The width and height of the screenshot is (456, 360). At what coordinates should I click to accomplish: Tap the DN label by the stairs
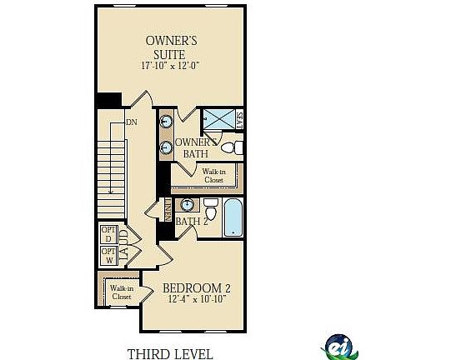131,122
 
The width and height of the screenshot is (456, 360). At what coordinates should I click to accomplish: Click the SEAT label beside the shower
239,122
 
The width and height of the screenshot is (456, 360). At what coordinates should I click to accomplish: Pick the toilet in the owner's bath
236,148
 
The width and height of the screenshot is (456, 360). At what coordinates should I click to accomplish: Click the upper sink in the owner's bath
167,121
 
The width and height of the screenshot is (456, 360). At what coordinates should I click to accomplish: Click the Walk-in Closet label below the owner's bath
213,175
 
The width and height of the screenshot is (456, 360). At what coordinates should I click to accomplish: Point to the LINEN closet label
167,212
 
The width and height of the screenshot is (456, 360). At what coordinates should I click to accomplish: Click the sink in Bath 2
188,204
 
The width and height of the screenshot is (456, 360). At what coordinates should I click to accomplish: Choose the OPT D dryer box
108,234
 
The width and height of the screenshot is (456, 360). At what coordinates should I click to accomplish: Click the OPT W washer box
108,255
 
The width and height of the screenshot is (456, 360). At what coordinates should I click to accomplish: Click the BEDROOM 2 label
197,288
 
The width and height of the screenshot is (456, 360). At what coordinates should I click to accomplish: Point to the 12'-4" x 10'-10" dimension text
197,300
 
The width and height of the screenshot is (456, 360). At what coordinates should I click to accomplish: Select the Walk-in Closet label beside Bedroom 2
122,292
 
